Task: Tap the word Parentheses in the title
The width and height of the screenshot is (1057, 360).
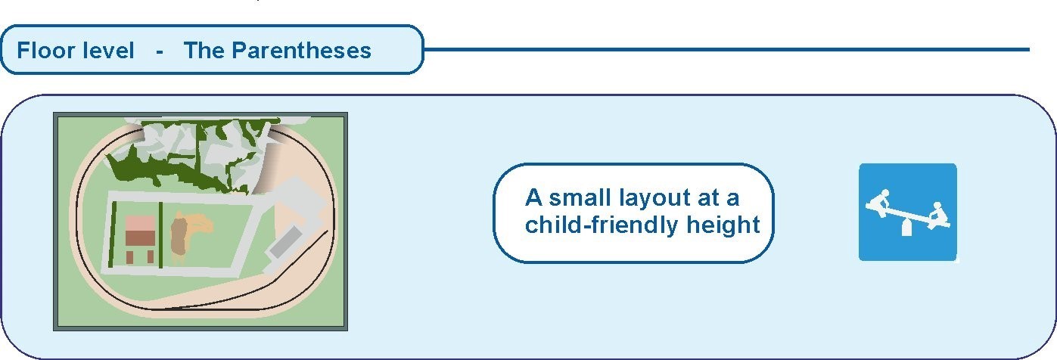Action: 301,51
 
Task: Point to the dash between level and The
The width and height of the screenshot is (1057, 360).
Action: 160,52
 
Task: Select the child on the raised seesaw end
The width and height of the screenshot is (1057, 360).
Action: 879,203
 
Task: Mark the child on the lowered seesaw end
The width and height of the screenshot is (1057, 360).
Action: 938,216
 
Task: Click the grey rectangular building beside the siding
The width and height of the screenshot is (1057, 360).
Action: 285,242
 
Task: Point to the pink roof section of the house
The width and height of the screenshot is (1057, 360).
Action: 140,224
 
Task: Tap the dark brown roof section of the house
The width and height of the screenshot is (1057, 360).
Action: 140,239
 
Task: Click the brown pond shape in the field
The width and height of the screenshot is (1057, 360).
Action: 179,235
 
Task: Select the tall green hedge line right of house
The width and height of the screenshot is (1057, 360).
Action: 160,234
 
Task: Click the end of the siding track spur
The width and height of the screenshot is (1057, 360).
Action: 327,231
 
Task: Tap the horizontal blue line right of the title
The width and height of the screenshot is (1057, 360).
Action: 726,49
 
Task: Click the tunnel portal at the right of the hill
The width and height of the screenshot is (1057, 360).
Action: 268,170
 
